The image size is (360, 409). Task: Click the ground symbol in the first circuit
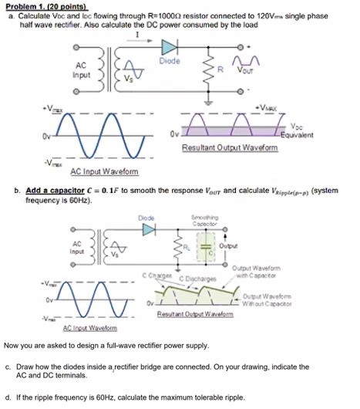tap(210, 100)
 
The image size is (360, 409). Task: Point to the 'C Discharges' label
tap(197, 279)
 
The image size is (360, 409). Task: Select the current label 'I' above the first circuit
tap(136, 35)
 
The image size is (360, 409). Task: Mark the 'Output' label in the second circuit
tap(228, 246)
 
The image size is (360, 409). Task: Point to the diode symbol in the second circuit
tap(148, 229)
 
